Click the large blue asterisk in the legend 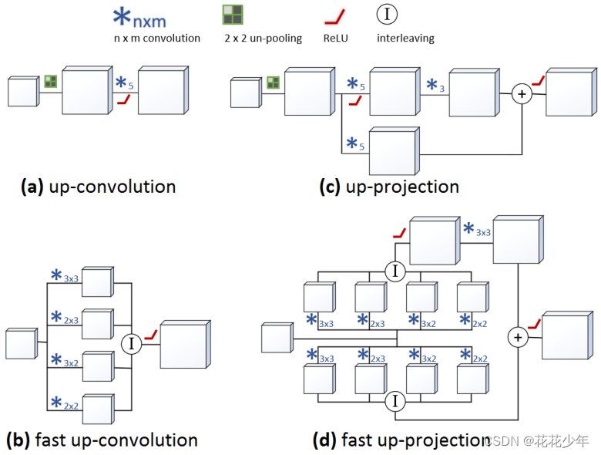(x=122, y=18)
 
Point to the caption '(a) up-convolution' (x=98, y=187)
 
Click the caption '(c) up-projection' (x=389, y=187)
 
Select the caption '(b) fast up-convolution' (x=102, y=440)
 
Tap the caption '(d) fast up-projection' (x=401, y=440)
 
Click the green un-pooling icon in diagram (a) (x=51, y=81)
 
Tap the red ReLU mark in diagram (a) (x=122, y=100)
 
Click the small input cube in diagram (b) (x=21, y=343)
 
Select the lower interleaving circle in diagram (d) (x=395, y=402)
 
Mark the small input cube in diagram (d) (x=277, y=339)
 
